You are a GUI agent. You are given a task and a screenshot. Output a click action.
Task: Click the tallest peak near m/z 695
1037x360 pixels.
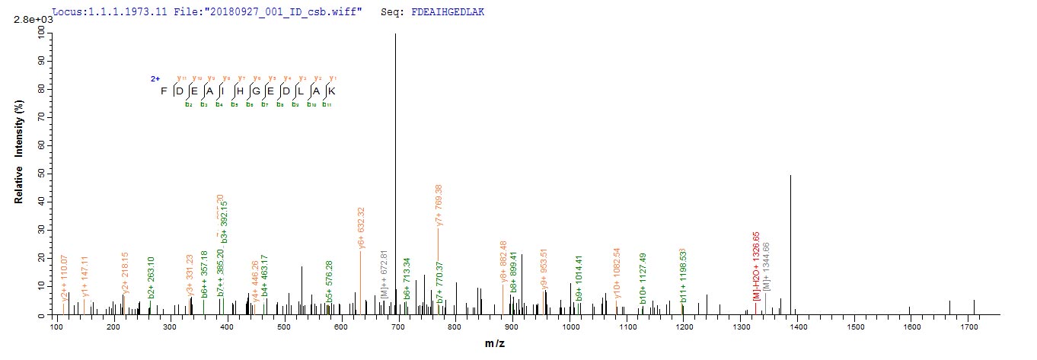click(x=395, y=152)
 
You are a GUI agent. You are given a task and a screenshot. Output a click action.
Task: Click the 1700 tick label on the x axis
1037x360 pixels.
click(x=969, y=327)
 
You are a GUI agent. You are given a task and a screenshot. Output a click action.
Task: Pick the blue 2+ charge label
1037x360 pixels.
click(x=155, y=78)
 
